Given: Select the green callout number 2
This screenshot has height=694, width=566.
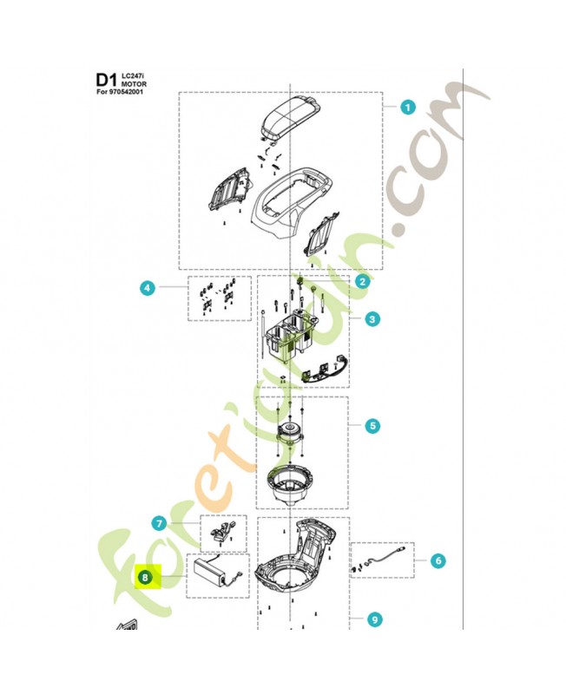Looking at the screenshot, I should coord(363,281).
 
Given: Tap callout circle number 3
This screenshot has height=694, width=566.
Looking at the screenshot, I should coord(372,320).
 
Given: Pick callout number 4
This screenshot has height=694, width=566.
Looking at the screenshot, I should coord(148,287).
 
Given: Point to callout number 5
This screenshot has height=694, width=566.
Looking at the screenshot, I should coord(372,426).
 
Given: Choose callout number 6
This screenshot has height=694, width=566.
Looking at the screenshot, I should coord(438,561).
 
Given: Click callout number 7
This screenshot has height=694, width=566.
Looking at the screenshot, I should coord(159,523).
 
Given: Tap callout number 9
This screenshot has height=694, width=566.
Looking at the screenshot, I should coord(374,619).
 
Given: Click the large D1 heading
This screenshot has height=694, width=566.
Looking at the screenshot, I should coord(105,80).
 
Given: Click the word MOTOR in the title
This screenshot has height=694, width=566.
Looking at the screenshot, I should coord(135,84).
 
